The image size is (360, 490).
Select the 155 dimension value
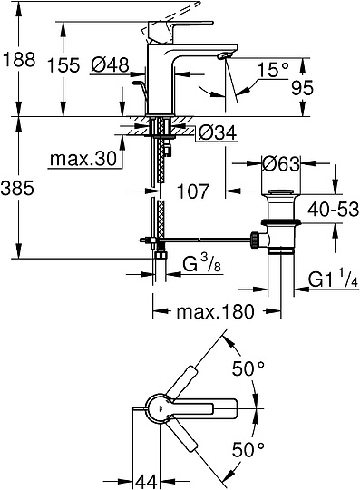(80, 64)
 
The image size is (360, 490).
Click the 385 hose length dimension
(18, 189)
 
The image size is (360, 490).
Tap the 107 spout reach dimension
(194, 192)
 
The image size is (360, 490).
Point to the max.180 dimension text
(209, 312)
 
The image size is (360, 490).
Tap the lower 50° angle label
(248, 447)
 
